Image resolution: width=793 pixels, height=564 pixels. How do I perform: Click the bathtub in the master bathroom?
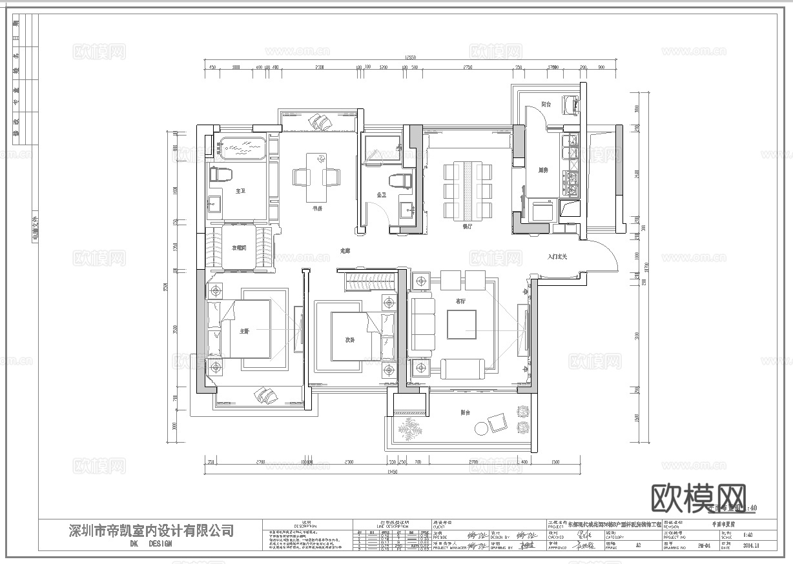coord(242,150)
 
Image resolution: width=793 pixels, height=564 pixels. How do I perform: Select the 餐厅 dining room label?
coord(467,227)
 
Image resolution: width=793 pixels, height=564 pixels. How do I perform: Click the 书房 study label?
coord(317,208)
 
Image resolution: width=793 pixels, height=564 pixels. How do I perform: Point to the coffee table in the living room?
coord(461,324)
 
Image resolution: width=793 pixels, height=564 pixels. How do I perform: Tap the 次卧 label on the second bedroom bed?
coord(349,339)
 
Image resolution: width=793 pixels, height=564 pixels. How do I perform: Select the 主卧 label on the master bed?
coord(244,330)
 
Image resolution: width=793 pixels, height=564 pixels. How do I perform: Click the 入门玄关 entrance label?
coord(557,257)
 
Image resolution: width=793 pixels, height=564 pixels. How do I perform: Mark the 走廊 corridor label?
coord(345,250)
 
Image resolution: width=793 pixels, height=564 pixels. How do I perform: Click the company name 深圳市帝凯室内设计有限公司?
coord(151,531)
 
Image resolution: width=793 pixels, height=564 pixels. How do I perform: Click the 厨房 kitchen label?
coord(543,170)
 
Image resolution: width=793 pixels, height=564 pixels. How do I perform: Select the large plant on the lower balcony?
coord(409,428)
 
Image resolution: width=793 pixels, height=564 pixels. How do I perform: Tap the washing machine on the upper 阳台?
coord(570,104)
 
